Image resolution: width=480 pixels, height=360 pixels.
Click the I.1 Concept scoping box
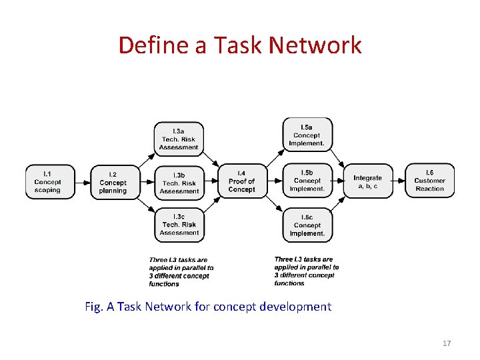47,181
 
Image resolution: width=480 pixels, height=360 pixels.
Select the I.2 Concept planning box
113,182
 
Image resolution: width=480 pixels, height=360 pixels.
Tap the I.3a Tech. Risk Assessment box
179,139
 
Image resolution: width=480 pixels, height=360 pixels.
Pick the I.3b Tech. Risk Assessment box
179,182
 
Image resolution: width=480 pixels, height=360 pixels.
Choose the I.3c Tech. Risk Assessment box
179,225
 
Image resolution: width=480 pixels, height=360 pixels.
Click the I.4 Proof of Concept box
241,181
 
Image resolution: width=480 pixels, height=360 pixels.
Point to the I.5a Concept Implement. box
307,135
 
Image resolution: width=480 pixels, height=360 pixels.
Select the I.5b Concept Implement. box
307,181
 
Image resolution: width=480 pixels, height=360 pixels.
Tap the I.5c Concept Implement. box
307,225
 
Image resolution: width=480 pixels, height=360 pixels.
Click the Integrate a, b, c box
367,181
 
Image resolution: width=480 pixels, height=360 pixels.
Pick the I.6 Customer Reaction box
429,181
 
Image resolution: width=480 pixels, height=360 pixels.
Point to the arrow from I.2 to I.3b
145,181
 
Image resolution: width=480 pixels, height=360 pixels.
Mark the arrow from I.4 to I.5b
273,181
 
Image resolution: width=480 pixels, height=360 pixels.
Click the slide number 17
447,343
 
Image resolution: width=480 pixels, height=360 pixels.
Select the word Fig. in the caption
94,307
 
